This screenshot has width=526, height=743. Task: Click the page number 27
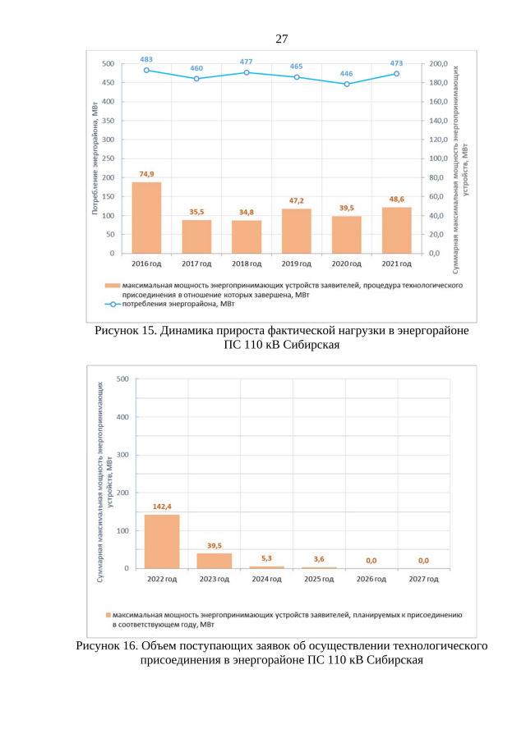click(x=282, y=39)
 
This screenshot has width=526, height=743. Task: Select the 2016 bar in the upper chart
click(x=146, y=218)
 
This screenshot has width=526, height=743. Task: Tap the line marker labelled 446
click(x=347, y=84)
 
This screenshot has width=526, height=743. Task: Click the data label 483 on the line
click(x=146, y=59)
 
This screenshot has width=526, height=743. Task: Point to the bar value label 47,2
click(x=297, y=200)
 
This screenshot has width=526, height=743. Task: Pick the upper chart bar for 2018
click(x=247, y=236)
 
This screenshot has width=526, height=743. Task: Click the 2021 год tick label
click(x=397, y=264)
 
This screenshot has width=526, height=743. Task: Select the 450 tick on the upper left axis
click(x=108, y=83)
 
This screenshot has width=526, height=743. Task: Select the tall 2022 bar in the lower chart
click(x=162, y=541)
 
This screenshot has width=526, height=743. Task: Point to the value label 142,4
click(x=162, y=506)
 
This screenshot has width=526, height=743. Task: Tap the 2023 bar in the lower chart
click(x=214, y=560)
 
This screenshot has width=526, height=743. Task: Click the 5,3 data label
click(x=266, y=558)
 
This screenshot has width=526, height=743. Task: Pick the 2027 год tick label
click(x=423, y=579)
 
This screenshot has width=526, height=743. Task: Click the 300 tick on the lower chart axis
click(x=122, y=455)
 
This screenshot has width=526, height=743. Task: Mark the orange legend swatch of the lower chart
click(x=108, y=614)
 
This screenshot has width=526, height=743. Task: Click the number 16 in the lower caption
click(x=131, y=646)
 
